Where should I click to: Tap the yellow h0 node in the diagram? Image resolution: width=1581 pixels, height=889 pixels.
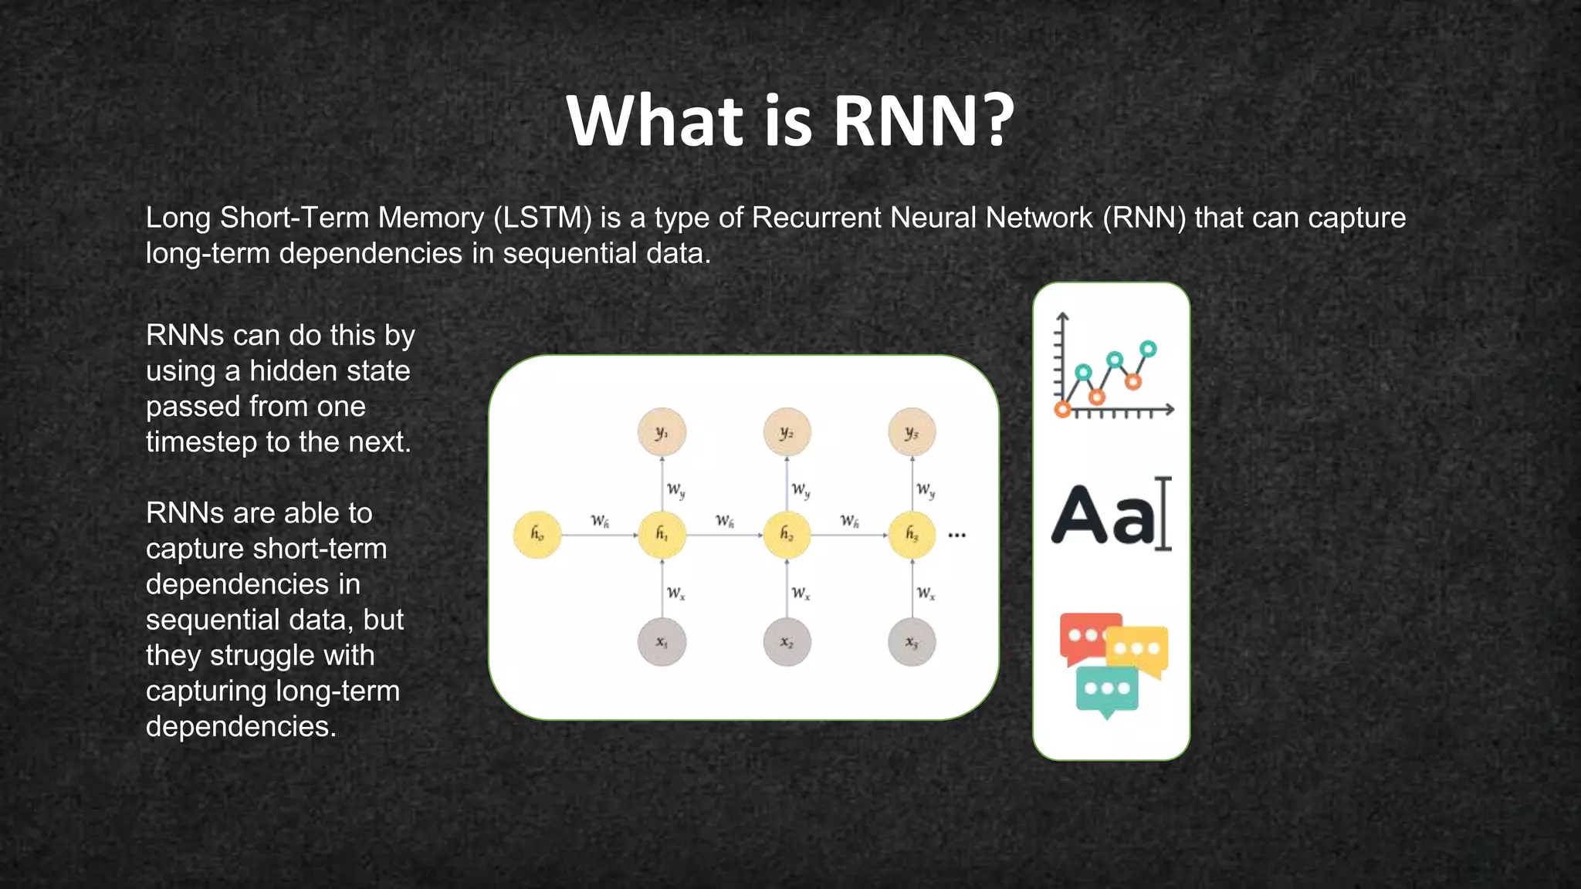point(537,534)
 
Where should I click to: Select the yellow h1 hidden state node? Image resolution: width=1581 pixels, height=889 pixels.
point(662,534)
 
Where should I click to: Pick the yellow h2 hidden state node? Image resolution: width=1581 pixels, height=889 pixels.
point(787,534)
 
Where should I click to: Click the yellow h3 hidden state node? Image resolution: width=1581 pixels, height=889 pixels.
point(912,534)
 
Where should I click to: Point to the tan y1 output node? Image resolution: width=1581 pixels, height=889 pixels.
point(662,432)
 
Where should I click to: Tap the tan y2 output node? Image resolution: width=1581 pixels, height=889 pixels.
point(787,432)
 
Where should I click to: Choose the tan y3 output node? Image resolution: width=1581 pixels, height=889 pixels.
point(912,432)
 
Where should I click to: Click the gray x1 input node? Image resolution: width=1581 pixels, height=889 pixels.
point(662,642)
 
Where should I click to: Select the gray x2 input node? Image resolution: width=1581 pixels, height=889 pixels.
point(787,642)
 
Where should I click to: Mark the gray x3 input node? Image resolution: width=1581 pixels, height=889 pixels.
point(912,642)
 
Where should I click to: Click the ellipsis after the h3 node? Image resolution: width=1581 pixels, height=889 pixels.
point(956,535)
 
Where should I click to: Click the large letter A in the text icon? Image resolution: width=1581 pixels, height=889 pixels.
point(1082,515)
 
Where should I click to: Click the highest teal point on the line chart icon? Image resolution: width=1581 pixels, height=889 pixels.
point(1148,349)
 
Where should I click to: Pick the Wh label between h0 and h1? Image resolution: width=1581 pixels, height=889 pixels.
point(600,521)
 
